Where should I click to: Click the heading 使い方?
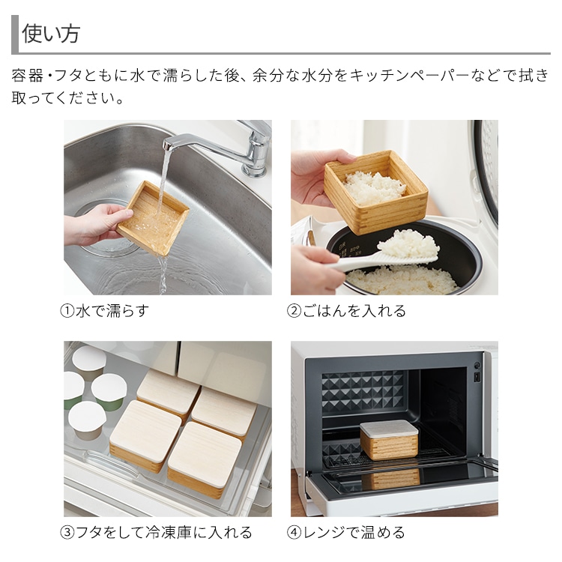(50, 34)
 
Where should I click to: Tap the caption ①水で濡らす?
(104, 311)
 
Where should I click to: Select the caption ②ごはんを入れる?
(346, 311)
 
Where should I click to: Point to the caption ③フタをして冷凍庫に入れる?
(156, 533)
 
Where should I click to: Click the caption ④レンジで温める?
(346, 533)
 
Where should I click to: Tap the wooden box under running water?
(153, 217)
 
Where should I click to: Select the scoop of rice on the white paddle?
(408, 244)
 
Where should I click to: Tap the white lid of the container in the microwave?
(389, 429)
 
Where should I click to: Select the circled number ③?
(67, 533)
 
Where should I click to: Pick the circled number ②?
(294, 311)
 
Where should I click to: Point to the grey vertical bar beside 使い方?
(15, 34)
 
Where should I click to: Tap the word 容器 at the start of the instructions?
(27, 76)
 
